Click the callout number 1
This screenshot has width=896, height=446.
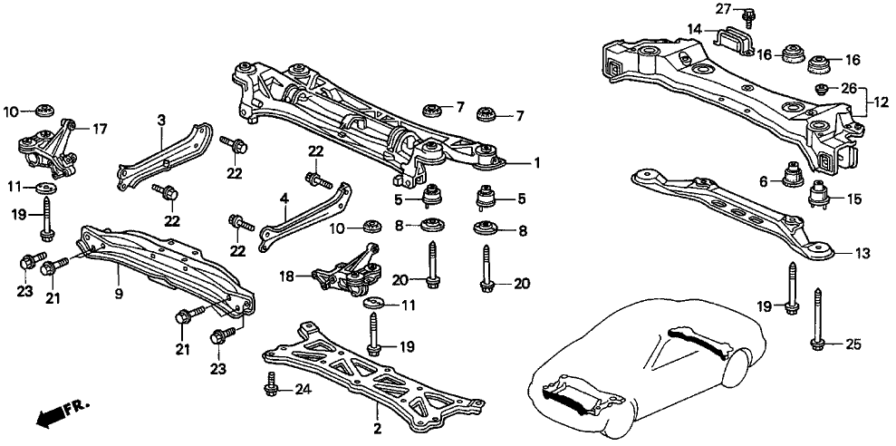538,163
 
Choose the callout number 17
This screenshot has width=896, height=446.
100,130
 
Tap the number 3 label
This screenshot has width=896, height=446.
160,120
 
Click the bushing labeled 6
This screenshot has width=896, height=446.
795,172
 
